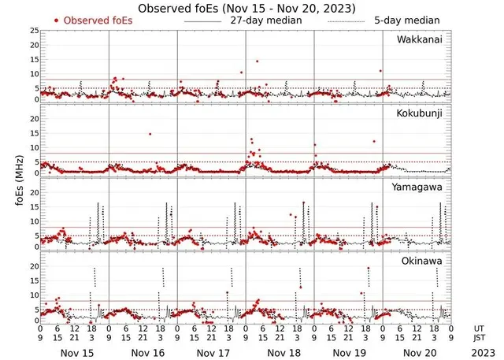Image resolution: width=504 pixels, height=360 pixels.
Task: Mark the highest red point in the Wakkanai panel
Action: click(x=257, y=61)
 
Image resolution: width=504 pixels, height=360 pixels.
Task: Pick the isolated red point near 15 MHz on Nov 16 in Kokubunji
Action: click(x=150, y=134)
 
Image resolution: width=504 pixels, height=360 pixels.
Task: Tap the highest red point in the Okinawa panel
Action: click(x=368, y=269)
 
